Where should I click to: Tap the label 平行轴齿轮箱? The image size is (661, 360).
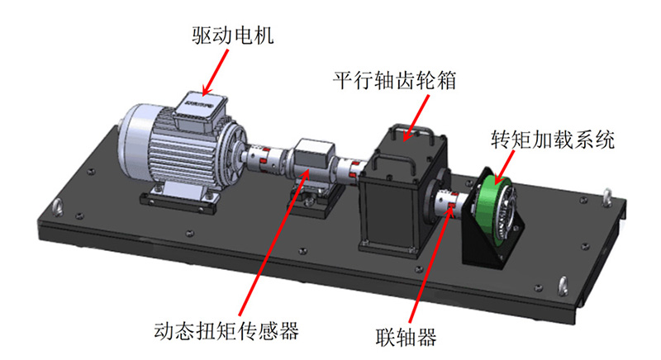coord(395,82)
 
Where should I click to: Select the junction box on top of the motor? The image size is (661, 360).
coord(197,109)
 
